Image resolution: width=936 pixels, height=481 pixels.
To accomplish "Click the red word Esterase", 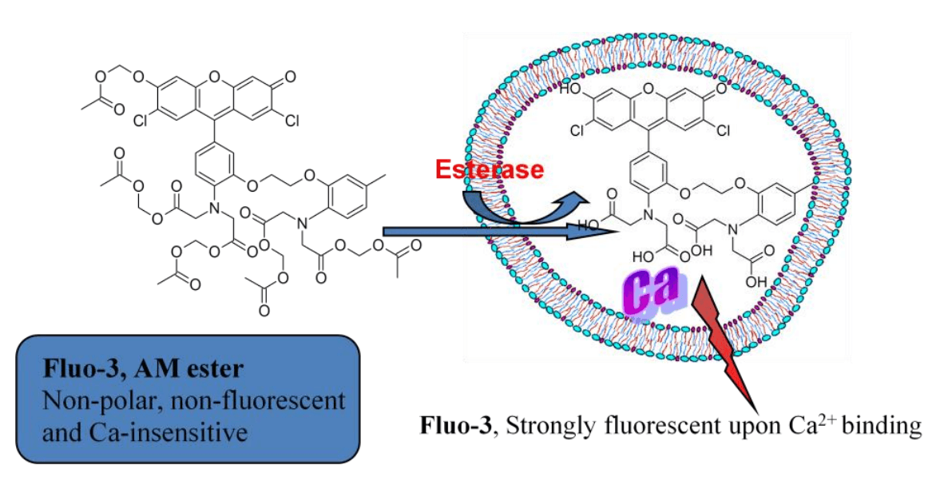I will tap(489, 169).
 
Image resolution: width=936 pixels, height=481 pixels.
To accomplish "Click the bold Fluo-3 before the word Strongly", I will tap(452, 424).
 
